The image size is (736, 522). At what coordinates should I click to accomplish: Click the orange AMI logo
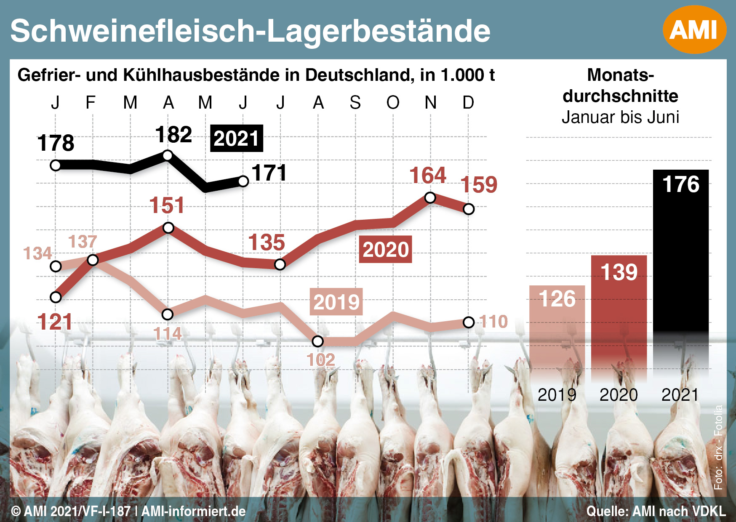pyautogui.click(x=694, y=29)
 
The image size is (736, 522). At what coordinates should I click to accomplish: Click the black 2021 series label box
pyautogui.click(x=236, y=138)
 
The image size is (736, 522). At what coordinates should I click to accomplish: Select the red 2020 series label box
pyautogui.click(x=385, y=250)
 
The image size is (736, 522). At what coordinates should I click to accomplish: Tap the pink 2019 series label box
pyautogui.click(x=336, y=302)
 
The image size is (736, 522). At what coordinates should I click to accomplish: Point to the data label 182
pyautogui.click(x=173, y=135)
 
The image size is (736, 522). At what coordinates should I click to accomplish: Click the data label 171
pyautogui.click(x=269, y=173)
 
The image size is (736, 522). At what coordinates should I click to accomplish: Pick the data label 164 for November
pyautogui.click(x=427, y=175)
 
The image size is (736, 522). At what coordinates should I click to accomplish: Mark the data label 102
pyautogui.click(x=320, y=360)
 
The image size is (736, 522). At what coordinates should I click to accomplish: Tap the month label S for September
pyautogui.click(x=355, y=102)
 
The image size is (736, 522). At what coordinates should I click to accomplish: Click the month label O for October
pyautogui.click(x=393, y=102)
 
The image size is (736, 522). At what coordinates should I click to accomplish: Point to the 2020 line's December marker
pyautogui.click(x=468, y=209)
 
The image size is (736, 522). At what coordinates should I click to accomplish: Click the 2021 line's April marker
pyautogui.click(x=168, y=156)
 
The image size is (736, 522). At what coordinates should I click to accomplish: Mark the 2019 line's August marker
pyautogui.click(x=318, y=341)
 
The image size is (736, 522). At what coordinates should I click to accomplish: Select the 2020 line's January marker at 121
pyautogui.click(x=56, y=297)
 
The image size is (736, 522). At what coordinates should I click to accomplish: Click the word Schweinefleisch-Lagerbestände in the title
pyautogui.click(x=251, y=31)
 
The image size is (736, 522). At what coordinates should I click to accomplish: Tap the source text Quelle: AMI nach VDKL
pyautogui.click(x=656, y=511)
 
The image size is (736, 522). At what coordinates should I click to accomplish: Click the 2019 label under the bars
pyautogui.click(x=557, y=395)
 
